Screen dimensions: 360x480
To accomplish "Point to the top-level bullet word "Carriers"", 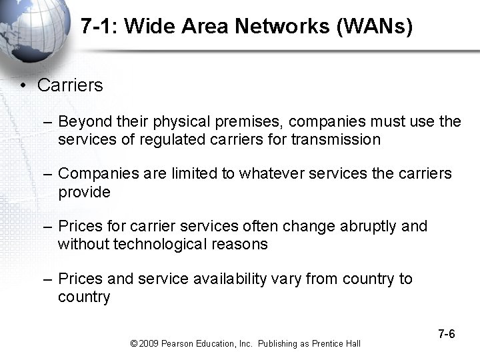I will coord(70,85).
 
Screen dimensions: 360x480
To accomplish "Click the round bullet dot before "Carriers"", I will coord(23,85).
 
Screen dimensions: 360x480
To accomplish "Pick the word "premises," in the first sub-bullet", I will coord(249,122).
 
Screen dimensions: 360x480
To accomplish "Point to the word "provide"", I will coord(84,192).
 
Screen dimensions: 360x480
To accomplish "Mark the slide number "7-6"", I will coord(447,334).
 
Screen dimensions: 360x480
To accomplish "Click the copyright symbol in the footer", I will coord(134,343).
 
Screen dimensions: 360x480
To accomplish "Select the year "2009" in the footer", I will coord(149,343).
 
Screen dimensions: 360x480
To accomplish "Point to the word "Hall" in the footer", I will coord(353,343).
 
